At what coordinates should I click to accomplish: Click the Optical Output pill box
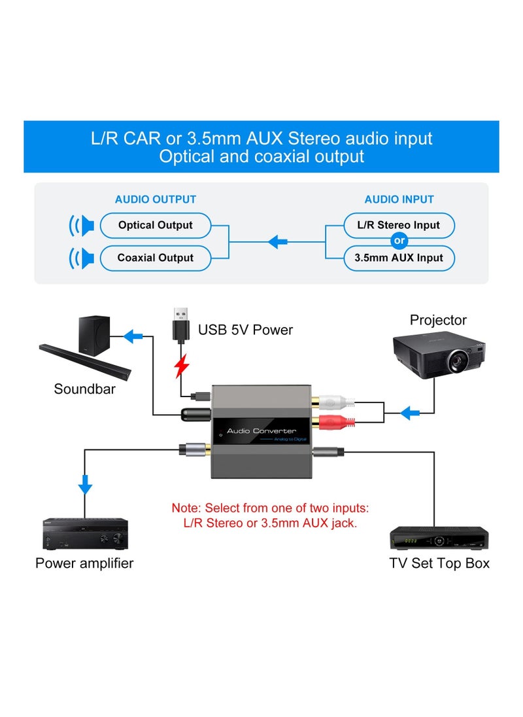pyautogui.click(x=156, y=225)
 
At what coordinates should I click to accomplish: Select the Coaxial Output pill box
pyautogui.click(x=156, y=258)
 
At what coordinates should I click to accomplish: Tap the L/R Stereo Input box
pyautogui.click(x=399, y=225)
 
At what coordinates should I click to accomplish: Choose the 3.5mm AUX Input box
pyautogui.click(x=399, y=258)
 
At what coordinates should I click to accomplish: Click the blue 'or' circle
pyautogui.click(x=399, y=241)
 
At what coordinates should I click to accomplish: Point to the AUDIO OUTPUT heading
pyautogui.click(x=156, y=200)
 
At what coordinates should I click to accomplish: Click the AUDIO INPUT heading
pyautogui.click(x=399, y=200)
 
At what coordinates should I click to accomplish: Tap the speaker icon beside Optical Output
pyautogui.click(x=82, y=226)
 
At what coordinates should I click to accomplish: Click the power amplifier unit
pyautogui.click(x=85, y=534)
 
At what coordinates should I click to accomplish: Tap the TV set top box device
pyautogui.click(x=439, y=538)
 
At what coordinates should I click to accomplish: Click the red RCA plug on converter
pyautogui.click(x=339, y=423)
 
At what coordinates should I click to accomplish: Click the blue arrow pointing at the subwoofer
pyautogui.click(x=133, y=336)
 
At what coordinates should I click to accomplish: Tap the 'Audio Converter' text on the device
pyautogui.click(x=261, y=430)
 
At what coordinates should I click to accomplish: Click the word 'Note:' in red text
pyautogui.click(x=186, y=508)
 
